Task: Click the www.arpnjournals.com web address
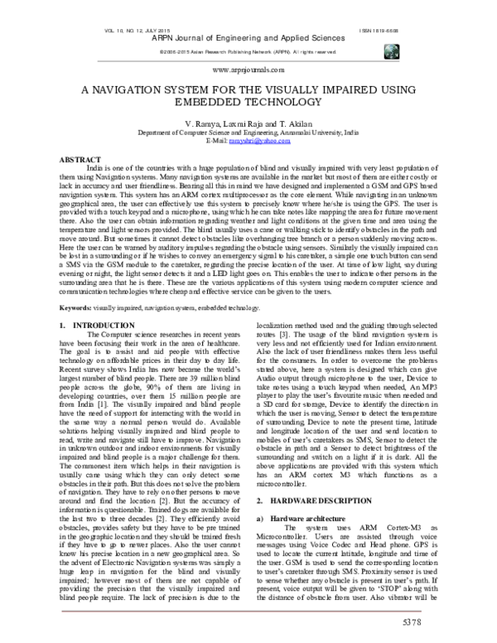[248, 71]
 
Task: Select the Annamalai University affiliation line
[248, 132]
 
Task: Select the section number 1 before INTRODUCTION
[65, 327]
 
